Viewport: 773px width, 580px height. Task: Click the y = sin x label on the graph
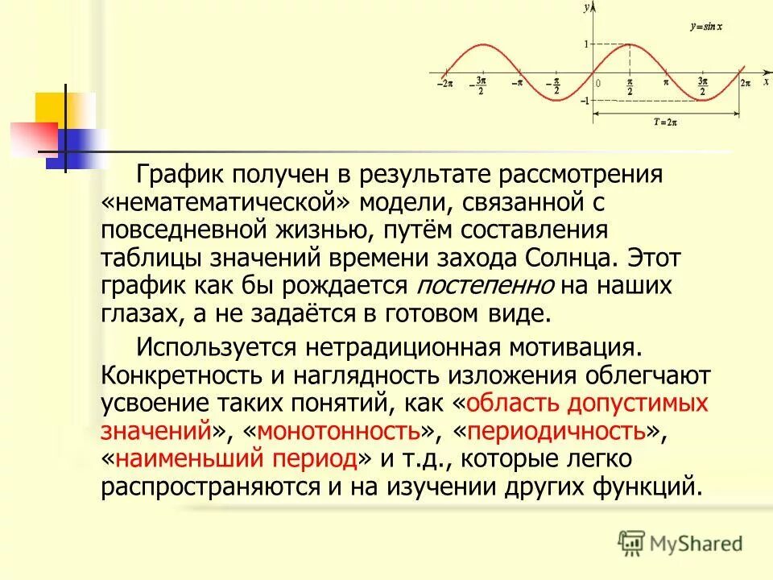(x=705, y=27)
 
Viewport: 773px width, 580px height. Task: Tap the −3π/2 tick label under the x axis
(x=481, y=85)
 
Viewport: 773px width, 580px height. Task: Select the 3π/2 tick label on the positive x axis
(x=702, y=85)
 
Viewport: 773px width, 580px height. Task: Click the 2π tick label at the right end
(x=745, y=83)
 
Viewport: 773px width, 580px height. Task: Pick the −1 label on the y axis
(x=583, y=100)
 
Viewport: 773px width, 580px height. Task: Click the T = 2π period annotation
(x=665, y=122)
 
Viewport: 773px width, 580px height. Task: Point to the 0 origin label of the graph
(x=597, y=83)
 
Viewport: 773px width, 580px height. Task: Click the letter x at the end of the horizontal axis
(x=766, y=81)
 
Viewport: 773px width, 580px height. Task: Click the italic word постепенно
(x=485, y=285)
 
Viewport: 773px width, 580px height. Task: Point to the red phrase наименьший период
(x=236, y=459)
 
